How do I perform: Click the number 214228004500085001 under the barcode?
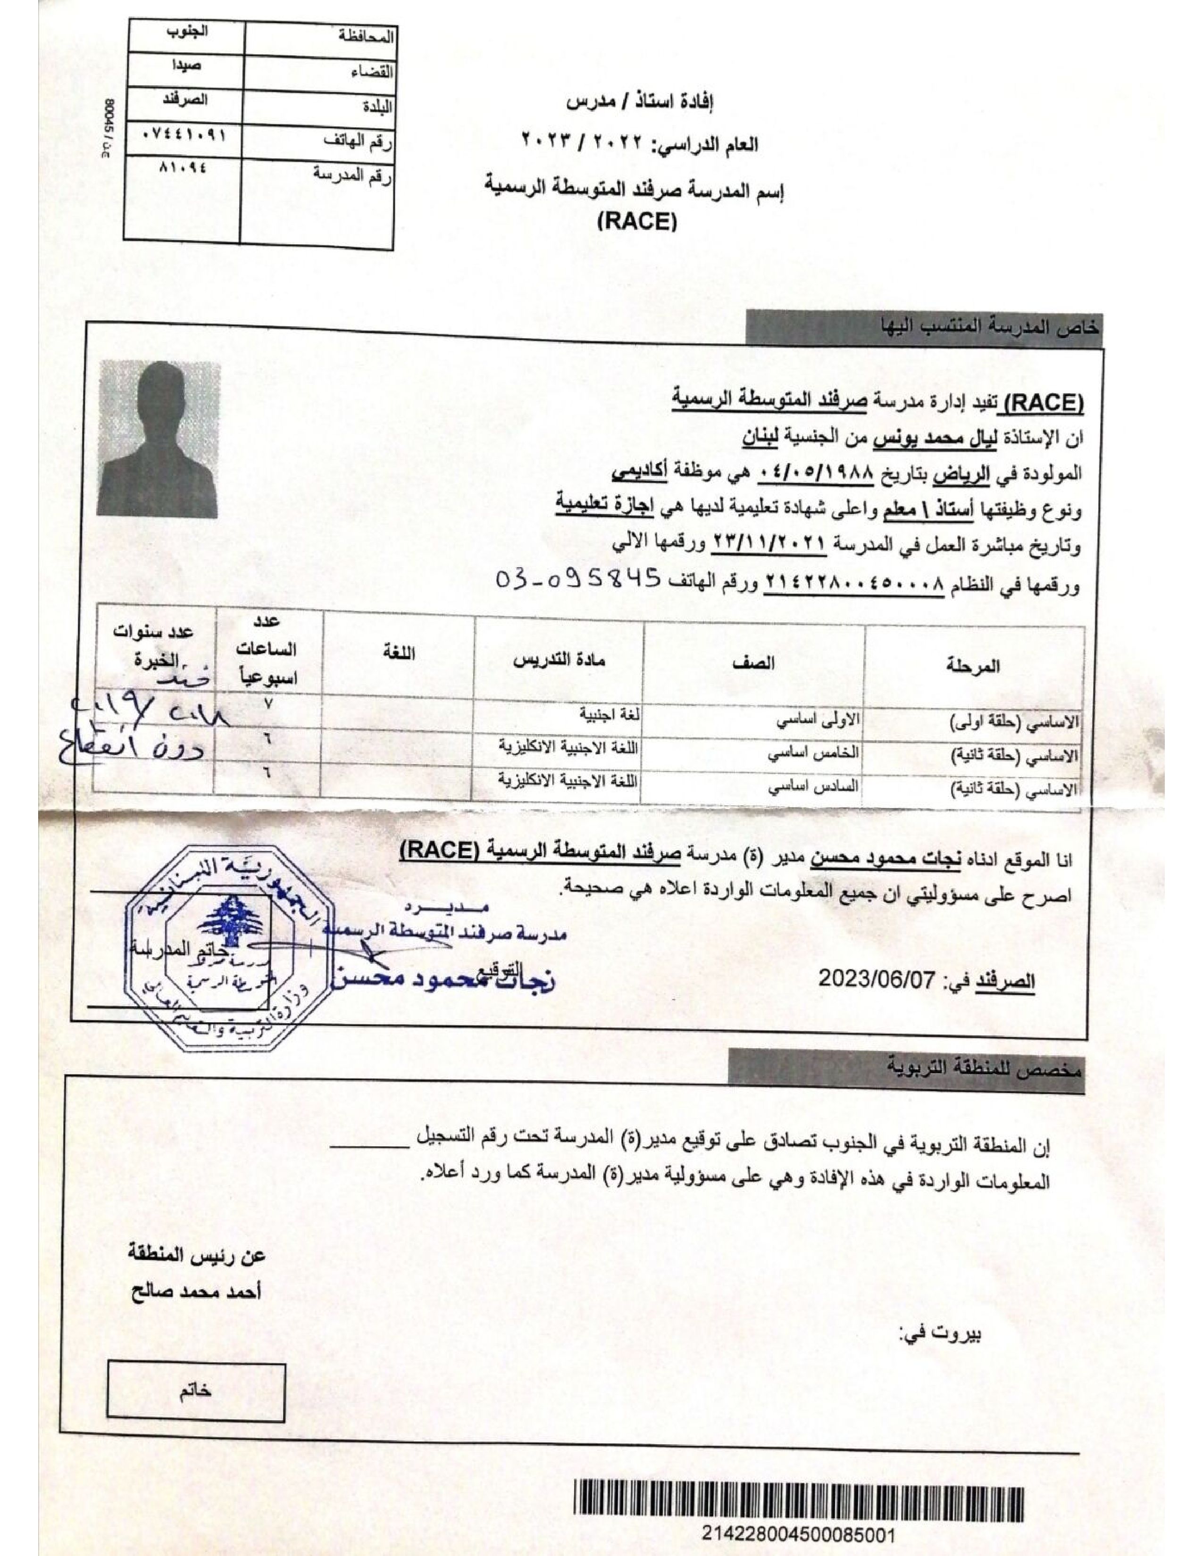[x=798, y=1533]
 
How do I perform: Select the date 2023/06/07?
[x=876, y=978]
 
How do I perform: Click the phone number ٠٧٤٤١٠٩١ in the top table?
[x=184, y=135]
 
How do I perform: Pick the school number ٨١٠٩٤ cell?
[x=184, y=168]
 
